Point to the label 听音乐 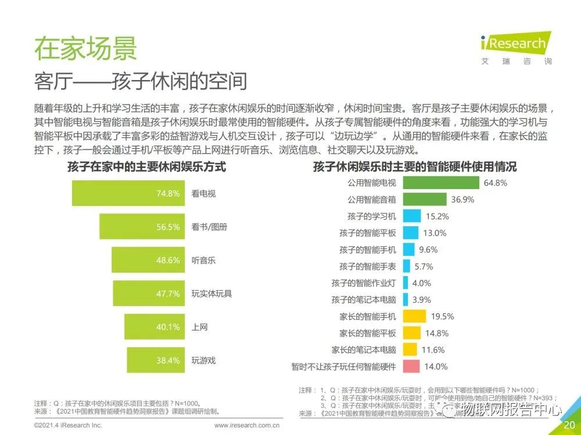[203, 260]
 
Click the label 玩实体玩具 [211, 293]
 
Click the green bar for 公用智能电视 [440, 183]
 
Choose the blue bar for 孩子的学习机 [411, 216]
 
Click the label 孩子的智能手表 [368, 266]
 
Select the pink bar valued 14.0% [411, 367]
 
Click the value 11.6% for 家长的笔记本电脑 [433, 350]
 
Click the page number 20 [569, 425]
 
